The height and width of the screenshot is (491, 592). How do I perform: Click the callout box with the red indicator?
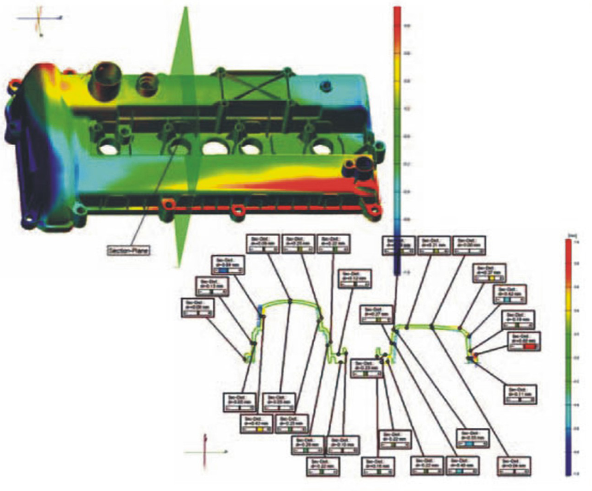pos(523,342)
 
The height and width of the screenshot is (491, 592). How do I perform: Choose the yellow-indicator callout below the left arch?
pos(255,424)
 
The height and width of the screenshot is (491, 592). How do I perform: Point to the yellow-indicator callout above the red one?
pos(490,274)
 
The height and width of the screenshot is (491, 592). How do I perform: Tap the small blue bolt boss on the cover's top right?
pos(327,86)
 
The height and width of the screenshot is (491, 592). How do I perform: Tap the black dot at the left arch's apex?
pos(290,301)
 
